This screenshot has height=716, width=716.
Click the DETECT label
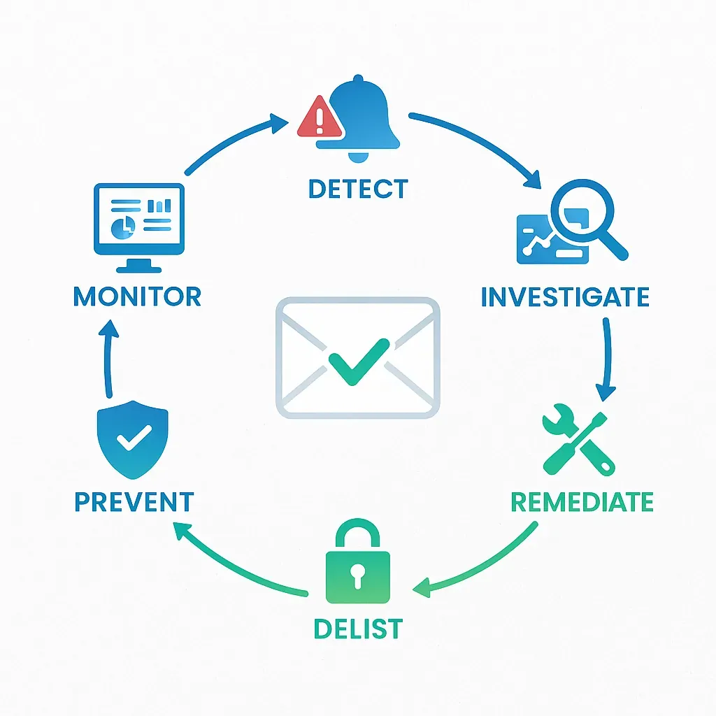[x=358, y=189]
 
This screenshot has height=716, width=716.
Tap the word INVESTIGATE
[x=565, y=296]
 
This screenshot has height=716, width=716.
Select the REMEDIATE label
[x=582, y=502]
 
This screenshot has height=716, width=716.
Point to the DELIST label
[x=358, y=629]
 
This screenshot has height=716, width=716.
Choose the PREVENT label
[x=134, y=502]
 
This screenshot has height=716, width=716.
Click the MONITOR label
[x=137, y=296]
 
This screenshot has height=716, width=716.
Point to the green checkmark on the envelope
[x=358, y=361]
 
